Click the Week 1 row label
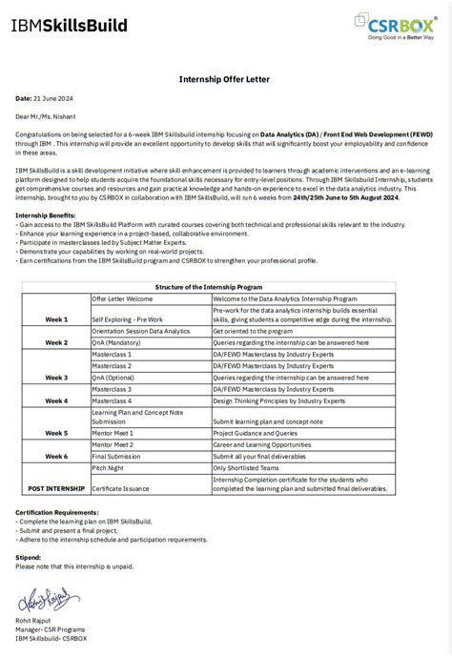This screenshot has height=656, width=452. coord(56,318)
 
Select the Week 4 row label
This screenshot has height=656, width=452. coord(56,401)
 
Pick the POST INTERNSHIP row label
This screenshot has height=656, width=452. coord(56,488)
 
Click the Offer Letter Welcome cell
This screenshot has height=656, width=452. coord(122,298)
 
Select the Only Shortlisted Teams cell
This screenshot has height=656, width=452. coord(246,468)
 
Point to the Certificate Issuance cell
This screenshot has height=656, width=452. coord(124,488)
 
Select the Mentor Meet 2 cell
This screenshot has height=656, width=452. coord(113,444)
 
